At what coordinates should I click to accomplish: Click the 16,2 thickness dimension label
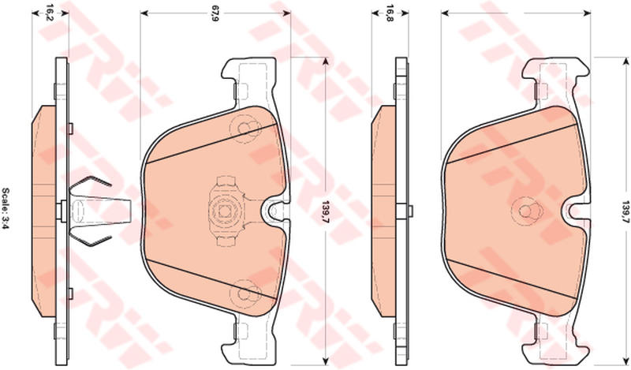[50, 13]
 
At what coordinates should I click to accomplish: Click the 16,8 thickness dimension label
[390, 13]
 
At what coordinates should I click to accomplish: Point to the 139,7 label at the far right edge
[625, 211]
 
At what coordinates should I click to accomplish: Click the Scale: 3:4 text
[7, 208]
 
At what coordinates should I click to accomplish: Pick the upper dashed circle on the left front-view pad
[245, 129]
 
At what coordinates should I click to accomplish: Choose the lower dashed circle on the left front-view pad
[245, 293]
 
